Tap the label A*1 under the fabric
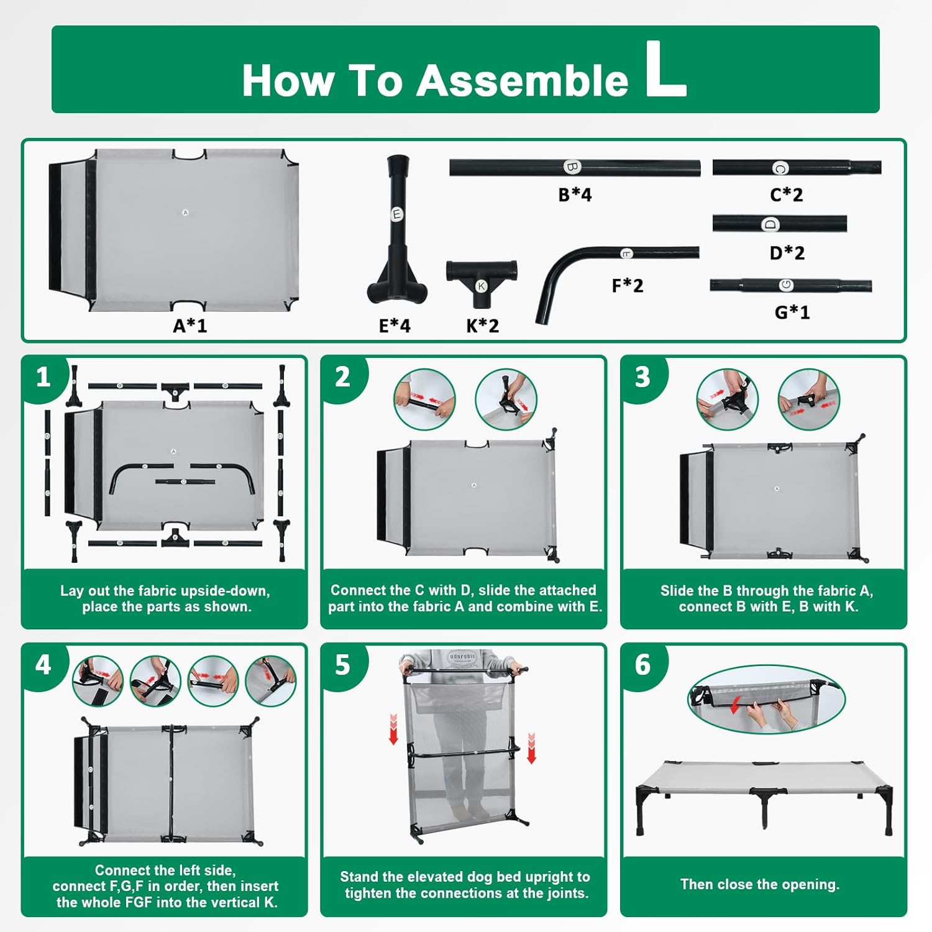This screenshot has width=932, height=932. pyautogui.click(x=190, y=326)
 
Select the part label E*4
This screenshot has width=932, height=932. pyautogui.click(x=395, y=326)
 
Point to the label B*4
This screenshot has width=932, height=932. pyautogui.click(x=575, y=194)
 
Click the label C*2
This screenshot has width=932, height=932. pyautogui.click(x=787, y=194)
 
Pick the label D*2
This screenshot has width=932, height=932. pyautogui.click(x=787, y=253)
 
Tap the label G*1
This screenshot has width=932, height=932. pyautogui.click(x=792, y=312)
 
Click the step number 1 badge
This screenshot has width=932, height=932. pyautogui.click(x=43, y=377)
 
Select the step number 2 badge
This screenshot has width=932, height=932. pyautogui.click(x=342, y=377)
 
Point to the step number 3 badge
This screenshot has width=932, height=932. pyautogui.click(x=642, y=377)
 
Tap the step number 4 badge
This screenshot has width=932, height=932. pyautogui.click(x=43, y=665)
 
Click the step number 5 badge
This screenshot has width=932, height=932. pyautogui.click(x=342, y=665)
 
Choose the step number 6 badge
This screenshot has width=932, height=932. pyautogui.click(x=642, y=665)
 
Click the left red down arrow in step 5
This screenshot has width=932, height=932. pyautogui.click(x=393, y=729)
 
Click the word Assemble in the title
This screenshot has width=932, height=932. pyautogui.click(x=522, y=81)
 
